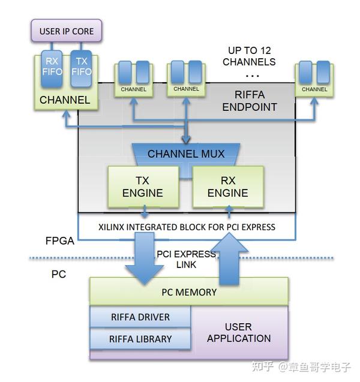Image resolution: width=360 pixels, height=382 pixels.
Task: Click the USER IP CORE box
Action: tap(66, 31)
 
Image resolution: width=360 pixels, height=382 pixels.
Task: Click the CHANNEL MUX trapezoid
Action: tap(186, 154)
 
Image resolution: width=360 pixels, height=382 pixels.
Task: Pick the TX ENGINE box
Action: tap(143, 187)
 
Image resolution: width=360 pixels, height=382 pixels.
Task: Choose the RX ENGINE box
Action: tap(227, 187)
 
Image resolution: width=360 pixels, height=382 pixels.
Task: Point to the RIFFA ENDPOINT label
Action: tap(250, 101)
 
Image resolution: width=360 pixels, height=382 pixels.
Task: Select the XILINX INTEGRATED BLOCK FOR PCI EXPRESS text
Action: tap(187, 227)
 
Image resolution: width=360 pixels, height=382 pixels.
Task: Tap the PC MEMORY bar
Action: tap(188, 292)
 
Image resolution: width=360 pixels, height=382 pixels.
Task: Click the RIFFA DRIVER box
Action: tap(140, 317)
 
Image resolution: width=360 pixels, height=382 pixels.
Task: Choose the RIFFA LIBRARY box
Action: tap(140, 339)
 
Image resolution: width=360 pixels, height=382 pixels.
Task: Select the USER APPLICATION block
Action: tap(238, 333)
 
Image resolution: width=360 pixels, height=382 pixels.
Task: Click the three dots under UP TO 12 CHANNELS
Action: tap(252, 76)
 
